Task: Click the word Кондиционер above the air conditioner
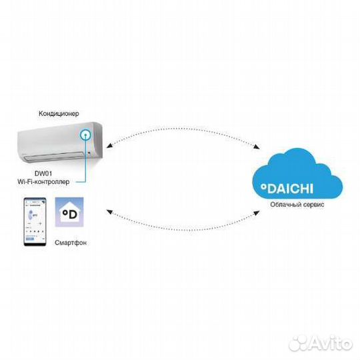click(x=59, y=113)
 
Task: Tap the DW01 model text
click(x=43, y=173)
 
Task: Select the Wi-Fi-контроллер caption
click(x=43, y=181)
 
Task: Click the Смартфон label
click(x=71, y=243)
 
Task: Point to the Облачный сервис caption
click(x=297, y=205)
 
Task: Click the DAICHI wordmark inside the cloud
click(x=287, y=189)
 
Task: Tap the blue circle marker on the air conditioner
click(x=85, y=135)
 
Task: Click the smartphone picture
click(x=35, y=222)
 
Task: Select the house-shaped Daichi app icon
click(x=69, y=212)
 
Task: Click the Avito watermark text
click(x=331, y=343)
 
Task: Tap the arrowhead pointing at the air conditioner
click(x=109, y=145)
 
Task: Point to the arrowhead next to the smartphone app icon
click(x=110, y=212)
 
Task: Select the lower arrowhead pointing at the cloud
click(x=256, y=213)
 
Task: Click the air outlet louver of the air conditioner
click(x=55, y=155)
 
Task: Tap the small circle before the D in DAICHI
click(x=263, y=187)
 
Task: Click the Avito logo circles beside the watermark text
click(x=299, y=343)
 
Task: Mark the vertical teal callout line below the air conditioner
click(x=85, y=159)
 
